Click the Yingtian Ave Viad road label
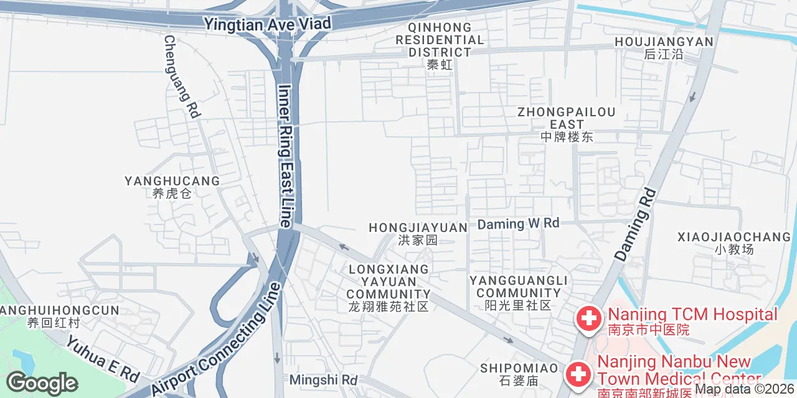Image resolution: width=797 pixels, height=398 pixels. click(268, 24)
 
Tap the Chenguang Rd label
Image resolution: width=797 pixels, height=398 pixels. click(181, 76)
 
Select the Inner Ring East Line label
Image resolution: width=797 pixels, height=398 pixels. click(285, 155)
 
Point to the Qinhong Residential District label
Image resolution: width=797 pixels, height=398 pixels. click(440, 46)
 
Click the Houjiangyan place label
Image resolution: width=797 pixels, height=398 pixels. click(664, 47)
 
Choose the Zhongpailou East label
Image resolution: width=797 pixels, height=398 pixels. click(567, 124)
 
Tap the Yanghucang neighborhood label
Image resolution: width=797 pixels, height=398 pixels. click(172, 186)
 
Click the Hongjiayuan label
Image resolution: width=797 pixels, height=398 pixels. click(418, 233)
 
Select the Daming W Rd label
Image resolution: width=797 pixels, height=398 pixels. click(518, 223)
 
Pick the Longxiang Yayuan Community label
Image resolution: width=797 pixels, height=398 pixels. click(389, 287)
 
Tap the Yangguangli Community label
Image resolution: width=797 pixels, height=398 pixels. click(518, 292)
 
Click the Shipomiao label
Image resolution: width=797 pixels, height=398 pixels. click(519, 373)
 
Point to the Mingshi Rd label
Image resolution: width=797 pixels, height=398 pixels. click(324, 379)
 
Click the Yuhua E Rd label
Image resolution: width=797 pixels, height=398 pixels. click(103, 359)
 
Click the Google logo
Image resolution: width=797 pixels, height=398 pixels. click(42, 384)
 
